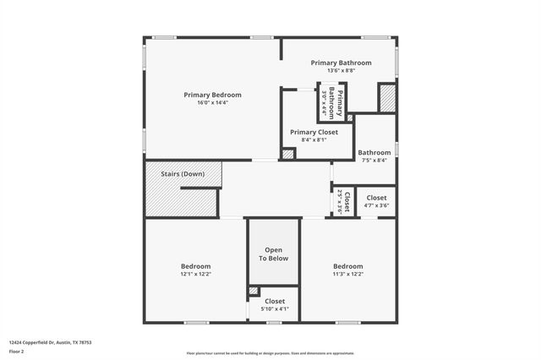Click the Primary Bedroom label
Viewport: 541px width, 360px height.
(x=213, y=95)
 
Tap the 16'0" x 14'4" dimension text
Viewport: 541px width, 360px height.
(x=213, y=103)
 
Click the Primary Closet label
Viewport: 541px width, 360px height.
(x=314, y=132)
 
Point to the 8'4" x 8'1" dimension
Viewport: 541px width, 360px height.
(x=314, y=140)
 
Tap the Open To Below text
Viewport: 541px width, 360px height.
(x=274, y=254)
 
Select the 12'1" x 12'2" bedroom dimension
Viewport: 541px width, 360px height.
(x=195, y=275)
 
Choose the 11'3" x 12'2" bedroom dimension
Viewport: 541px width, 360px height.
(x=347, y=275)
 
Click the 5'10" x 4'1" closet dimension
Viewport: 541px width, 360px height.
(x=275, y=309)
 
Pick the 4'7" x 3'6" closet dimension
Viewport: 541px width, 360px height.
(x=376, y=205)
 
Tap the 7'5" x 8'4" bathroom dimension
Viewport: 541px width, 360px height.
(x=374, y=161)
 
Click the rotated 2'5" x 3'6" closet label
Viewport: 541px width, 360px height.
(x=340, y=202)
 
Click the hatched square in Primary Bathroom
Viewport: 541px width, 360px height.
(x=386, y=97)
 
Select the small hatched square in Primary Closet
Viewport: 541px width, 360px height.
(x=288, y=154)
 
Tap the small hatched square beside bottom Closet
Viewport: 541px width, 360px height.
(x=254, y=291)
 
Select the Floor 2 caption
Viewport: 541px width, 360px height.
(x=16, y=351)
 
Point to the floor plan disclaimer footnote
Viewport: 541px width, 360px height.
(x=270, y=353)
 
